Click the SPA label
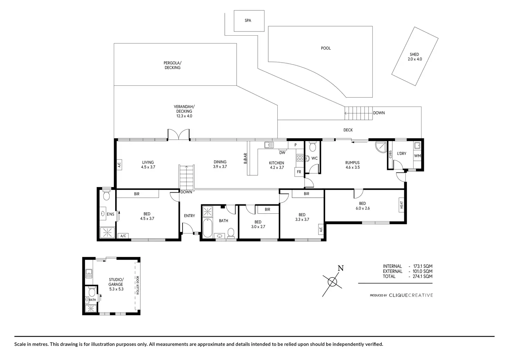point(248,20)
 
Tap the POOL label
point(326,48)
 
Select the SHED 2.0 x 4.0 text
point(415,57)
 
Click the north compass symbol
point(332,281)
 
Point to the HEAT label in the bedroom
point(401,205)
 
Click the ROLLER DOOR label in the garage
point(138,285)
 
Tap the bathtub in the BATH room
point(207,228)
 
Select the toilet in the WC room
point(313,147)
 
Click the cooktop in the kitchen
point(300,157)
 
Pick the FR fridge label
point(299,172)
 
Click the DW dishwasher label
point(282,153)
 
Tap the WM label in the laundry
point(417,156)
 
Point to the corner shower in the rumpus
point(381,147)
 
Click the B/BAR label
point(246,158)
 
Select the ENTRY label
point(189,216)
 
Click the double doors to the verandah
point(179,134)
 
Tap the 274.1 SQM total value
point(423,276)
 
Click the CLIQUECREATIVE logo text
point(411,295)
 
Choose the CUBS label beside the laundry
point(390,154)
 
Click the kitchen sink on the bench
point(269,145)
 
